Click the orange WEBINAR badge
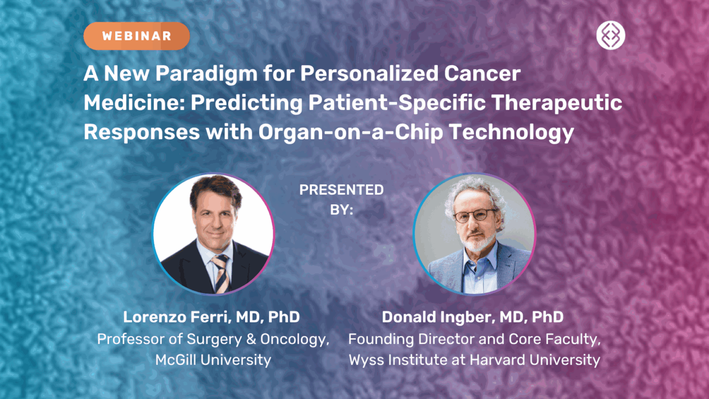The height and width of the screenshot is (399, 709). (x=136, y=36)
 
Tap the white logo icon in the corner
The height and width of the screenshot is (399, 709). (x=611, y=36)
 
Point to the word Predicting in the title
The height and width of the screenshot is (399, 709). (x=244, y=103)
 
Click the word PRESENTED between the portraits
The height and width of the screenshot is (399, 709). (x=341, y=190)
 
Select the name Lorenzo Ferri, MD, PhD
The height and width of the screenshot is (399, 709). (x=211, y=317)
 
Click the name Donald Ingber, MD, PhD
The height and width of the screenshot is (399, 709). (x=472, y=317)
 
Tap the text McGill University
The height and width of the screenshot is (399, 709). (x=213, y=360)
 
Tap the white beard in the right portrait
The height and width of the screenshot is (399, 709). (x=474, y=242)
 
